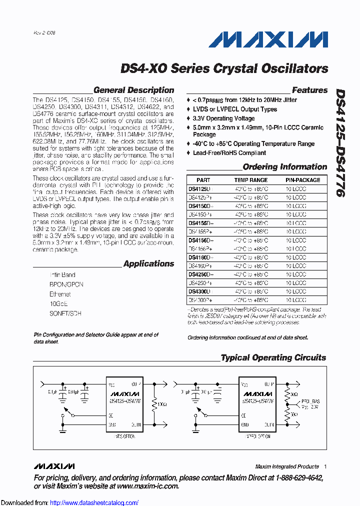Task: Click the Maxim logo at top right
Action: tap(268, 39)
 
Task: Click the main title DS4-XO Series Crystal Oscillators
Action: tap(224, 68)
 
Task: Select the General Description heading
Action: tap(133, 90)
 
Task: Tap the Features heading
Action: tap(309, 90)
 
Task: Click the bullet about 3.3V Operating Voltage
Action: tap(223, 118)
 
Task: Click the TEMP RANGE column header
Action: tap(251, 180)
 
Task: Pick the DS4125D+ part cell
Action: tap(200, 189)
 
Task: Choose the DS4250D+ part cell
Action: tap(200, 274)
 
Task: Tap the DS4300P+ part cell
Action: tap(200, 300)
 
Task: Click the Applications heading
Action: tap(148, 264)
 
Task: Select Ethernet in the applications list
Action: tap(60, 294)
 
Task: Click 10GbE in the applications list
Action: tap(58, 304)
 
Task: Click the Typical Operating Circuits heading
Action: tap(273, 358)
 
